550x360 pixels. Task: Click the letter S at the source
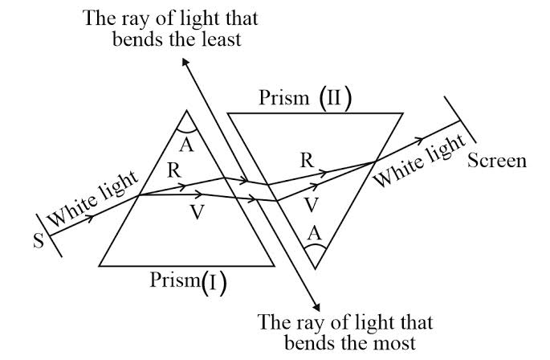(38, 242)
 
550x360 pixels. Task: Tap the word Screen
(498, 161)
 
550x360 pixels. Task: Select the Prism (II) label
(306, 99)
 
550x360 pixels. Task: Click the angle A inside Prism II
(315, 233)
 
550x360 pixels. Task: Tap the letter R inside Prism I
(174, 170)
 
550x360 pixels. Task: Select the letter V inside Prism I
(196, 212)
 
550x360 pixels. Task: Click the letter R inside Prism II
(306, 159)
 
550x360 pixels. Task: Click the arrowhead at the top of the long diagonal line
(187, 62)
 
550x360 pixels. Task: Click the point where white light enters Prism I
(141, 195)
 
